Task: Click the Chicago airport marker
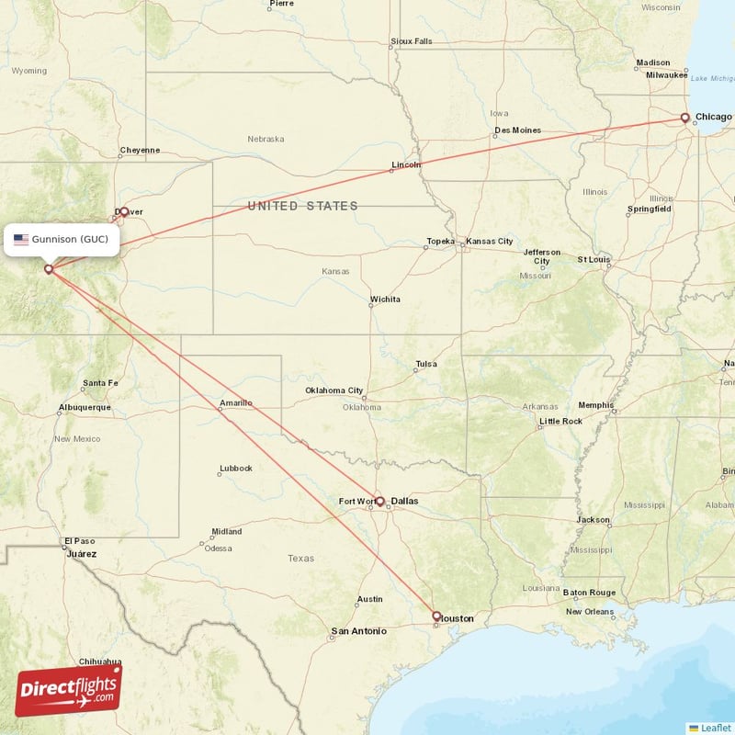[x=684, y=118]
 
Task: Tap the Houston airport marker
[x=436, y=616]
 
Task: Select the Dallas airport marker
[x=379, y=501]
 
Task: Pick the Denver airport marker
[x=124, y=211]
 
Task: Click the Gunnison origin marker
[x=49, y=269]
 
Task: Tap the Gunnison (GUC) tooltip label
[x=70, y=240]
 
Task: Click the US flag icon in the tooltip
[x=21, y=240]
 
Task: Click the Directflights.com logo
[x=68, y=690]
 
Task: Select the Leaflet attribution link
[x=715, y=727]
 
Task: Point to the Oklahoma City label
[x=334, y=390]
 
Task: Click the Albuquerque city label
[x=85, y=407]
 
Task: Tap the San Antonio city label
[x=358, y=631]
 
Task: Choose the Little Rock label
[x=560, y=421]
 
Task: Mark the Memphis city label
[x=595, y=404]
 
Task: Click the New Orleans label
[x=590, y=611]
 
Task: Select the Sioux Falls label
[x=411, y=41]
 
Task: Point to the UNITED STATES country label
[x=302, y=206]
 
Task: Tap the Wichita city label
[x=385, y=300]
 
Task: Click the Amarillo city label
[x=236, y=403]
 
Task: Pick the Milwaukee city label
[x=666, y=74]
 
